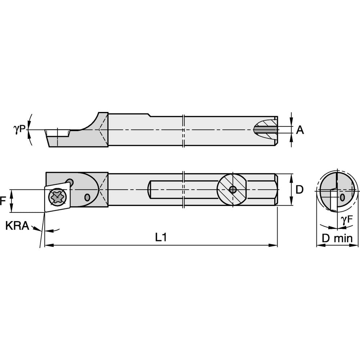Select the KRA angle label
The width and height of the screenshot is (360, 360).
pos(17,226)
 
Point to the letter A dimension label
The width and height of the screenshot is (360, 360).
pos(300,130)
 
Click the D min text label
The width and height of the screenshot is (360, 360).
pos(338,238)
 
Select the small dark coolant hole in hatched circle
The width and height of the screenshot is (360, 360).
pos(233,189)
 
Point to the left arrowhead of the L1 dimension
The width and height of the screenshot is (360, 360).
pos(47,246)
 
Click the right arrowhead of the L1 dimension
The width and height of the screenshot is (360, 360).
pos(275,246)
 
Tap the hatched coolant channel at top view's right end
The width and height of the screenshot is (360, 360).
pos(266,129)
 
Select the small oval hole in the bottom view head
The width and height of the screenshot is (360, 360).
pos(87,197)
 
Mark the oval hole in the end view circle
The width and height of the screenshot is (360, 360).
pos(342,197)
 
